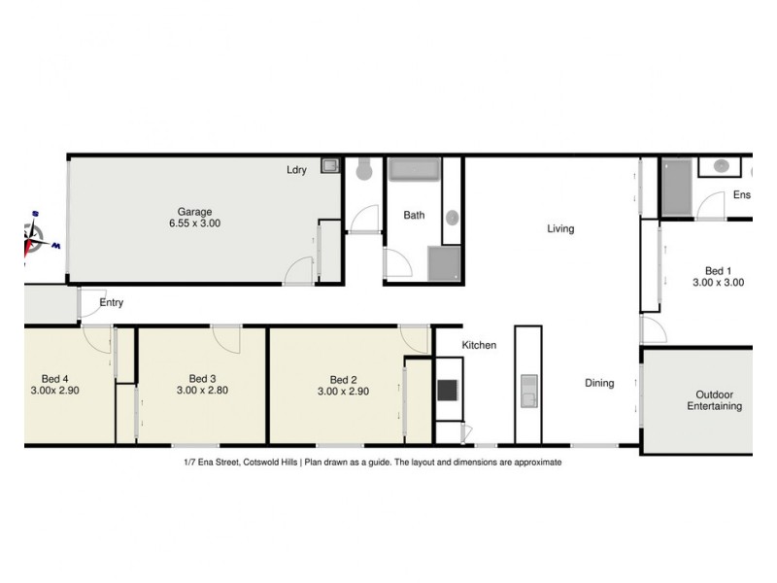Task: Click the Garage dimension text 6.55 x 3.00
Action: [x=194, y=223]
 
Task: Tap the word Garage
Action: [x=194, y=211]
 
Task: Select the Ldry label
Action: [x=296, y=170]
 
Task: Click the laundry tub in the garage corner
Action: [x=330, y=166]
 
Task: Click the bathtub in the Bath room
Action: [x=415, y=170]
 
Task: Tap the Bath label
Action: [x=415, y=216]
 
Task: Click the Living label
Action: [x=560, y=229]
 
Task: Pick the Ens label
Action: [x=742, y=195]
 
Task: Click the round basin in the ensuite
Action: [x=723, y=166]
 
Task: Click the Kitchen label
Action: [x=479, y=345]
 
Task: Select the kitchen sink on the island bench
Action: [x=528, y=391]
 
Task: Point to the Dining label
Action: [x=599, y=383]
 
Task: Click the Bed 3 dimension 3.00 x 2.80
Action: [x=202, y=391]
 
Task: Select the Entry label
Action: [x=112, y=303]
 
